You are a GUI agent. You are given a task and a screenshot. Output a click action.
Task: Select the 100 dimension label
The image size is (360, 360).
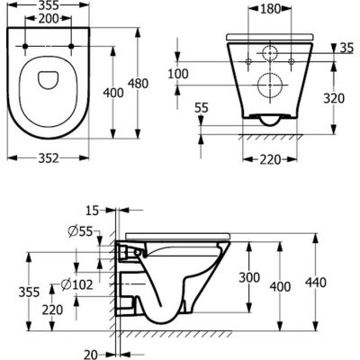point(181,73)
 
